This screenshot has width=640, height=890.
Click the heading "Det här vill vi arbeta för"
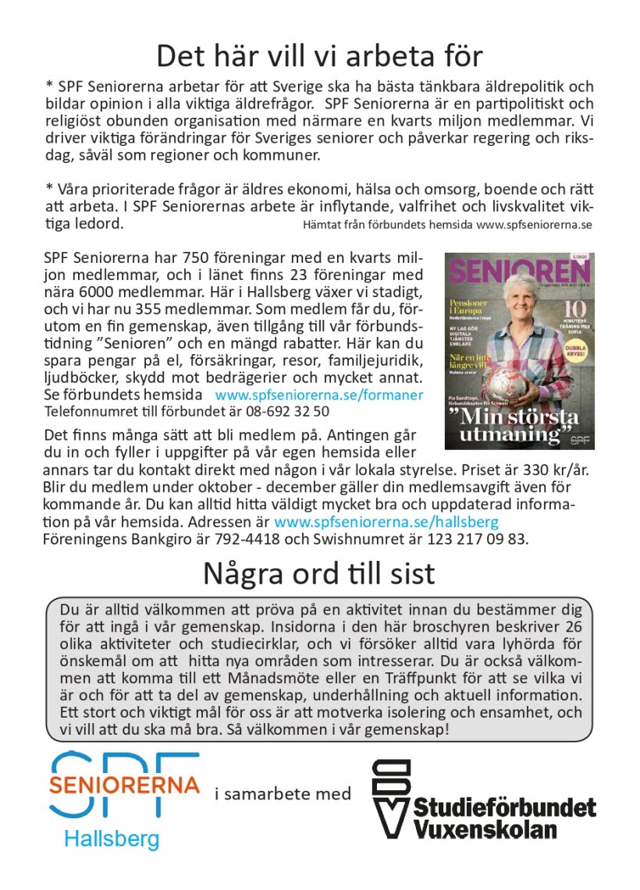[x=319, y=56]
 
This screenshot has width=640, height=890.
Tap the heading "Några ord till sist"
[x=319, y=573]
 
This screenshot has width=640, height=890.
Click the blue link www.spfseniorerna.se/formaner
[x=319, y=395]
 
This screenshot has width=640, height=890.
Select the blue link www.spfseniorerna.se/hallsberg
[x=386, y=521]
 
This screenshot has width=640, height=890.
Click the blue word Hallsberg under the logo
[x=112, y=839]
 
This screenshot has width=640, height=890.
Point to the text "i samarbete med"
[x=283, y=794]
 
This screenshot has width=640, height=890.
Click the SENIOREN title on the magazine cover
[x=519, y=270]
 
